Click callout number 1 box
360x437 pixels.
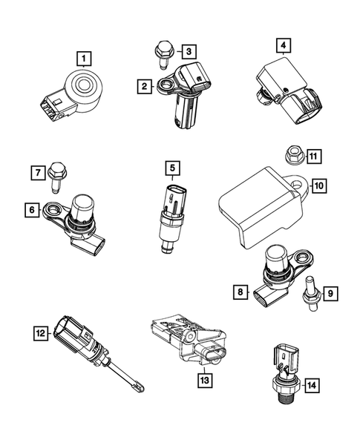tap(87, 57)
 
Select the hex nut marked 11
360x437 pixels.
tap(292, 157)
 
